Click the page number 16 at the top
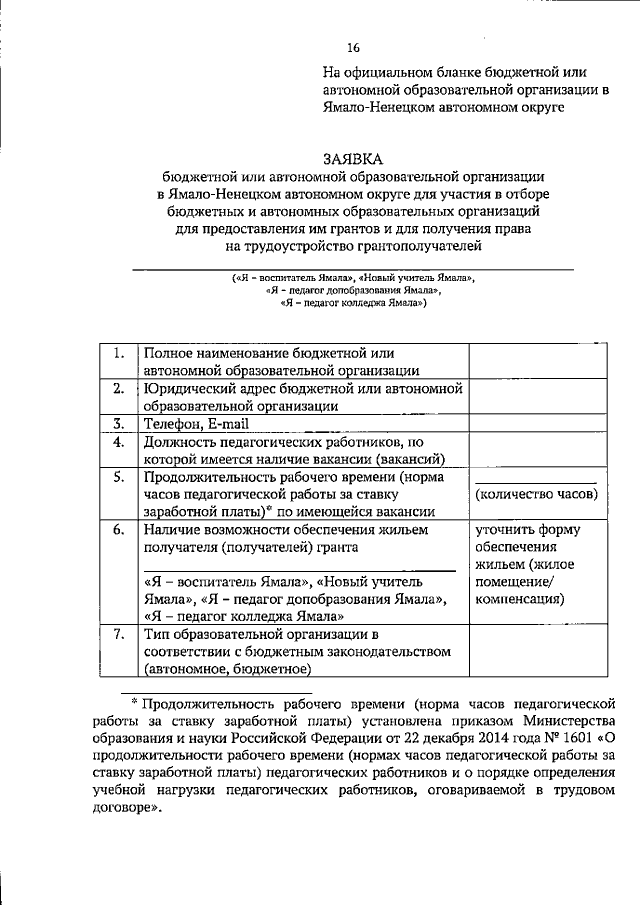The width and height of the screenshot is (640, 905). pos(353,47)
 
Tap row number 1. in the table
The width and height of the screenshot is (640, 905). pos(118,353)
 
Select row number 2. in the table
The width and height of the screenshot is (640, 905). pos(118,388)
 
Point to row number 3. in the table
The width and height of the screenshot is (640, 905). pos(118,423)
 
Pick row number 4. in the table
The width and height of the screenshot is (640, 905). pos(118,441)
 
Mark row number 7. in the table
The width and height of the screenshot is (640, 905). pos(118,635)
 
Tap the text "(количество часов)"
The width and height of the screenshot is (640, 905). pos(537,495)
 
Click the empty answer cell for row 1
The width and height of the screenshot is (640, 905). pos(538,361)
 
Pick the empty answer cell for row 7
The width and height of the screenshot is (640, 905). pos(538,652)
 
